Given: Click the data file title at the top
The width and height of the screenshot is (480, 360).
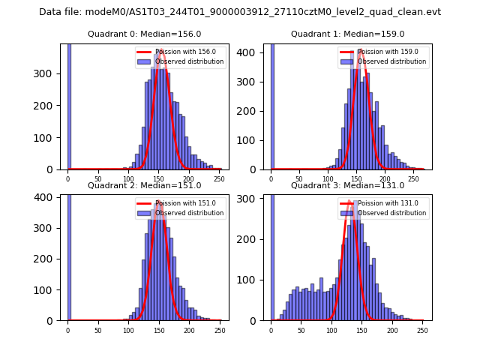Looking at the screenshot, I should [x=240, y=12].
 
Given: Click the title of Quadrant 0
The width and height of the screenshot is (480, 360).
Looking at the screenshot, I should [x=145, y=34].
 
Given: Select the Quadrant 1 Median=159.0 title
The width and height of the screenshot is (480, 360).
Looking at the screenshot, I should [x=348, y=34].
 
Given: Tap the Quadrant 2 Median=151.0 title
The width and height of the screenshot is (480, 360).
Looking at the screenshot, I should [x=145, y=185].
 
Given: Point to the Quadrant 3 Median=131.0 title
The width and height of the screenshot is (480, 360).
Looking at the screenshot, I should [x=348, y=185].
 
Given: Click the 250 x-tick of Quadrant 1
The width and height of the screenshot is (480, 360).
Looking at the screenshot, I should [x=413, y=179].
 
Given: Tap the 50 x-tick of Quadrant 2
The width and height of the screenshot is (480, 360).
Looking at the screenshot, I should [x=98, y=330].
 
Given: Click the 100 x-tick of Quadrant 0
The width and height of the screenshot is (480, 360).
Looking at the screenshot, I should [x=128, y=179].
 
